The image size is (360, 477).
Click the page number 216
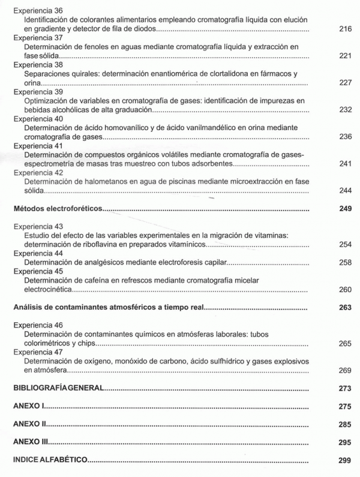(344, 29)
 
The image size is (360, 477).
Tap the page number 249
(344, 209)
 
